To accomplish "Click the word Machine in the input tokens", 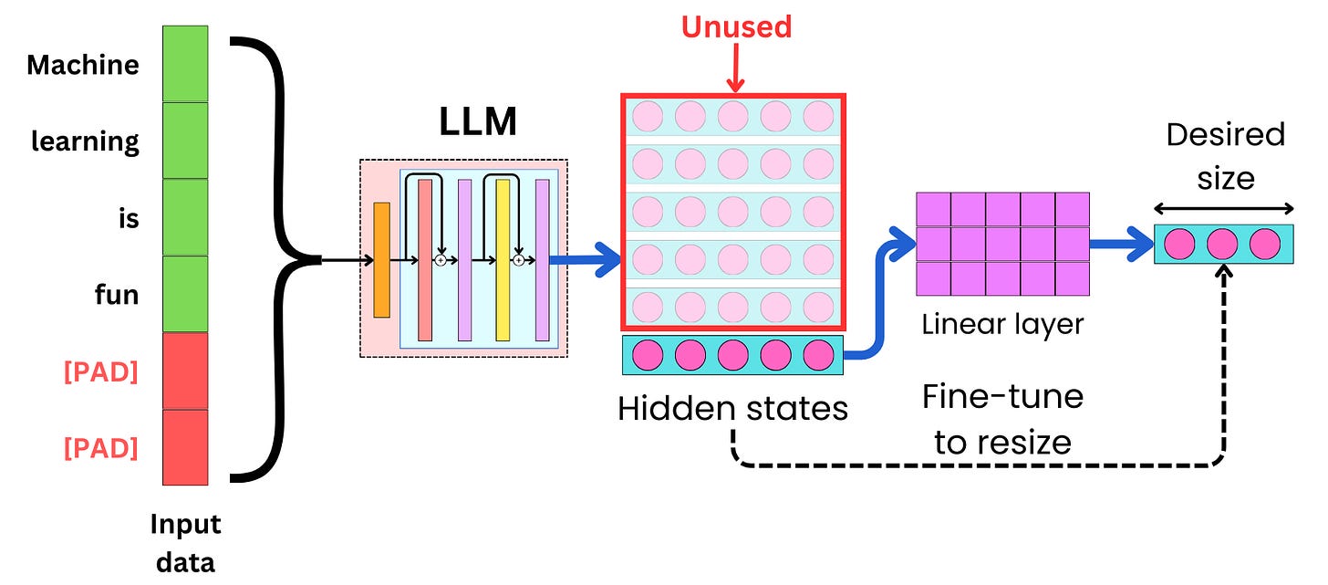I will click(x=83, y=65).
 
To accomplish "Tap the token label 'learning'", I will click(x=85, y=141).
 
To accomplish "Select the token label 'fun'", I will click(x=117, y=295).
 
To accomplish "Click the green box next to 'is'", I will click(x=185, y=217).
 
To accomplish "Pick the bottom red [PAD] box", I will click(x=185, y=447).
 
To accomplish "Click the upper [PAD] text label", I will click(x=100, y=372).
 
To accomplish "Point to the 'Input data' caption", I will click(x=185, y=543).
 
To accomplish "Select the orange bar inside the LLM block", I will click(x=381, y=260).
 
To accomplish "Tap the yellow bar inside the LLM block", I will click(x=503, y=260).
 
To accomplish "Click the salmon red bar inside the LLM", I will click(x=424, y=260).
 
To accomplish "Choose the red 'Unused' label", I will click(x=736, y=26).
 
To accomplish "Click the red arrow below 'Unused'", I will click(x=734, y=69).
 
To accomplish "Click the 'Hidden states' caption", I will click(x=732, y=408).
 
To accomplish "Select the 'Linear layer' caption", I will click(x=1002, y=324).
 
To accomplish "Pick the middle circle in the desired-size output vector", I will click(x=1222, y=245).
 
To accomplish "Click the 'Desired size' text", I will click(x=1225, y=155).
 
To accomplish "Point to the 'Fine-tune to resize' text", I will click(x=1001, y=420).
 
